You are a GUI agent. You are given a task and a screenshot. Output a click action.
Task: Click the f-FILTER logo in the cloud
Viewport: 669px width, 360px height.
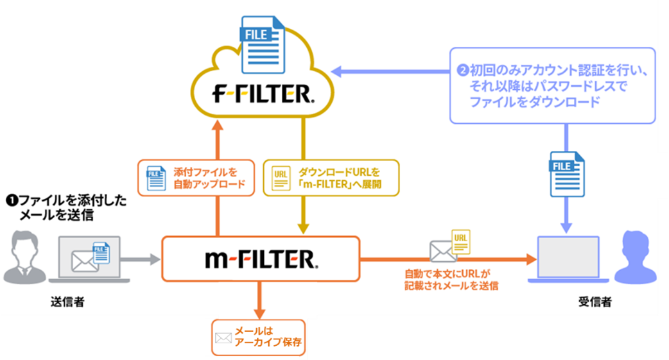coord(262,95)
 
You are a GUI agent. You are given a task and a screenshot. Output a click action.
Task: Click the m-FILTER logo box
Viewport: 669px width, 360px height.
coord(261,259)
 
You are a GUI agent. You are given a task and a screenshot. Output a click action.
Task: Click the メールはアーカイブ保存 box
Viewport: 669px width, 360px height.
coord(257,336)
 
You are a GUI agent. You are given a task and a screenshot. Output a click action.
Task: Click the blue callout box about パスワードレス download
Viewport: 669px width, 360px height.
coord(552,85)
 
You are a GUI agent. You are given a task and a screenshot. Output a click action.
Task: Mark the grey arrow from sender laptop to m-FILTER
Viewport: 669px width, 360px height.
coord(141,259)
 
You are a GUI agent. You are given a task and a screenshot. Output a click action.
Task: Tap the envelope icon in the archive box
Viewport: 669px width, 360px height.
coord(223,337)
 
